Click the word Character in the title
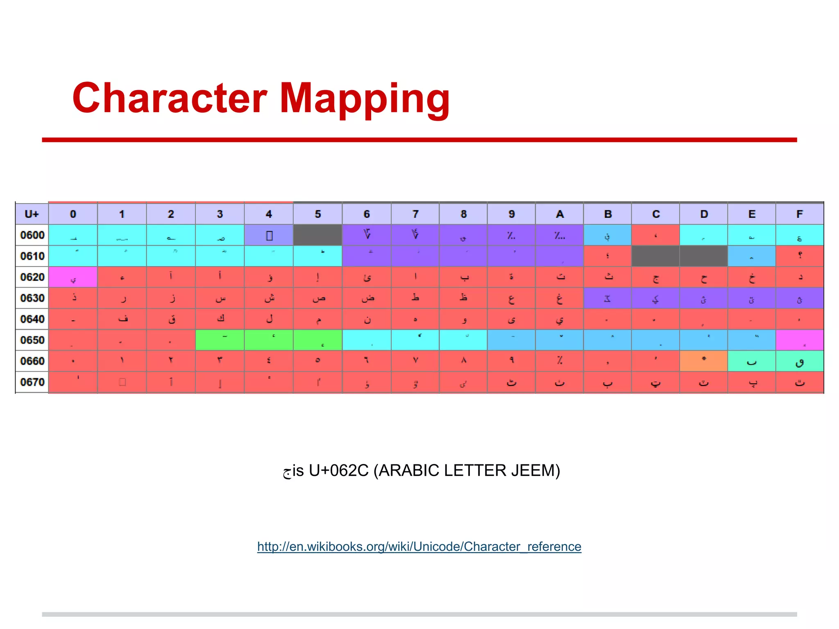click(170, 98)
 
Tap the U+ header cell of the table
click(32, 214)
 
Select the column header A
click(560, 214)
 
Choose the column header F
click(799, 214)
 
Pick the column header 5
click(317, 214)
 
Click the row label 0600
click(32, 235)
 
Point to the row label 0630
click(32, 298)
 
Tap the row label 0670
click(32, 382)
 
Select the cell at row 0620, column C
click(655, 277)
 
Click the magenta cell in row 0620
click(73, 277)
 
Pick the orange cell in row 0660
click(703, 361)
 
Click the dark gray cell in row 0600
click(317, 235)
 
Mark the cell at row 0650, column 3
click(220, 340)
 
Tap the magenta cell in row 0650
click(799, 340)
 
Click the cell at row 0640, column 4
click(269, 319)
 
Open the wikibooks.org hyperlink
click(419, 547)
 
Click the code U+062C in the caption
click(339, 471)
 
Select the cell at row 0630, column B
click(608, 298)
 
